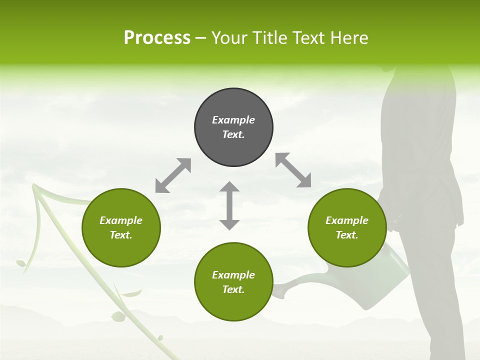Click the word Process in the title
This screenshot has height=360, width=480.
point(157,38)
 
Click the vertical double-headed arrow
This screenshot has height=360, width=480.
point(229,206)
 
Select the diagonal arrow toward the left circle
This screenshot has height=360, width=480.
point(173,175)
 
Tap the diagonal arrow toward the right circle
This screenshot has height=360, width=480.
point(293,170)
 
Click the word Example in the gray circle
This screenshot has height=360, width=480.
point(233,120)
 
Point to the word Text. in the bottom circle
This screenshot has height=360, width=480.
point(233,289)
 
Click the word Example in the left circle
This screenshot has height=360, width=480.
point(121,220)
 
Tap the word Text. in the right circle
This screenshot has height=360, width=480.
point(347,235)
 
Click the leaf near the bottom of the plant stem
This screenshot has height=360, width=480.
point(118,316)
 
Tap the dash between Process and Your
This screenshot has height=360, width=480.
point(201,38)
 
